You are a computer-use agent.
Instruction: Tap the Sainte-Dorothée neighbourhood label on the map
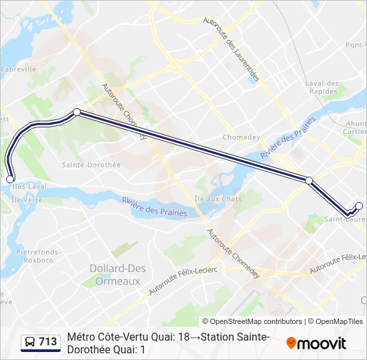coord(91,165)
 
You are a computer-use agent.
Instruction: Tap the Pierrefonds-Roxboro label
coord(39,256)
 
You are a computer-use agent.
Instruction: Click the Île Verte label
coord(27,199)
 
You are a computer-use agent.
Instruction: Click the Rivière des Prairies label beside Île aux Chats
coord(154,206)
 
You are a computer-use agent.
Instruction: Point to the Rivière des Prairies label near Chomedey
coord(288,137)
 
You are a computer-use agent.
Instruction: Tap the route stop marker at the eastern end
coord(359,206)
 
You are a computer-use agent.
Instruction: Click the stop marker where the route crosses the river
coord(309,180)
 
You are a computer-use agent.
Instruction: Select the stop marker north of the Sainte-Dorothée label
coord(77,112)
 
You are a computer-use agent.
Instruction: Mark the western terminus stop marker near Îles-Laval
coord(9,179)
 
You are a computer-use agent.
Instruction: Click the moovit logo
coord(316,343)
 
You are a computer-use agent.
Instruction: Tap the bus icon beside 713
coord(30,342)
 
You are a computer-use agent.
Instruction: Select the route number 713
coord(48,342)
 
